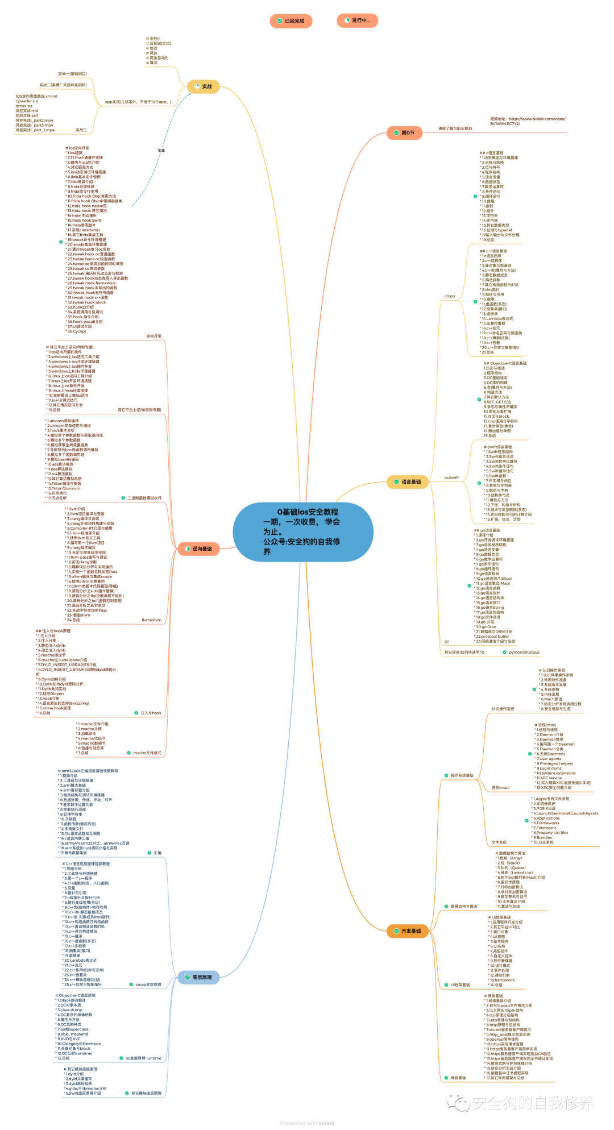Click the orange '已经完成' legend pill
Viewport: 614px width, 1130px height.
pos(291,21)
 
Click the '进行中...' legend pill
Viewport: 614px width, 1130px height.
pos(357,21)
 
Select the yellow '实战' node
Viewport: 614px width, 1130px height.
pos(203,86)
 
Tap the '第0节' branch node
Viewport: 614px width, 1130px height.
pos(404,133)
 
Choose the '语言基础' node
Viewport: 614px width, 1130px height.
pos(407,482)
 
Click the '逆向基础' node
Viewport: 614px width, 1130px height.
pos(198,549)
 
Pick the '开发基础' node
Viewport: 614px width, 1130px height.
pos(407,931)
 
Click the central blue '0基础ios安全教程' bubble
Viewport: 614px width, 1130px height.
pos(302,531)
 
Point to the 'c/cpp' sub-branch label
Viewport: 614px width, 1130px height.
pos(450,296)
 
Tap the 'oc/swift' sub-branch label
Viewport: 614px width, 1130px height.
pos(451,477)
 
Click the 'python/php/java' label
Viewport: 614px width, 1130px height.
pos(524,653)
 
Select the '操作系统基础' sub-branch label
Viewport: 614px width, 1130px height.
pos(462,775)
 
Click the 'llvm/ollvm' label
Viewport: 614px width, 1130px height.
pos(151,620)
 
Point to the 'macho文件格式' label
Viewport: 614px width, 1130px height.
pos(147,753)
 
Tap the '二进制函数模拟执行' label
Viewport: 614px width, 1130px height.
pos(144,498)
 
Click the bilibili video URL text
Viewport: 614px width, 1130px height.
pos(528,121)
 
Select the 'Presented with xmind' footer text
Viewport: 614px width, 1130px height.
pos(307,1123)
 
